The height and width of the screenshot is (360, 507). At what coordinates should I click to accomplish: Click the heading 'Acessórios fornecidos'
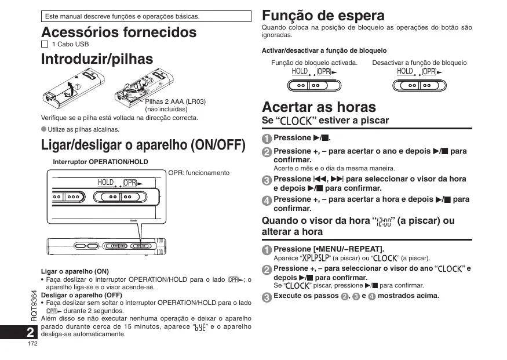(119, 32)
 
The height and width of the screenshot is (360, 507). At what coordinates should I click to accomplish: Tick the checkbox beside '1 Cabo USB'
(45, 44)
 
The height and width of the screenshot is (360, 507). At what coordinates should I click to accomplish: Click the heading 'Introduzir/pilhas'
(97, 59)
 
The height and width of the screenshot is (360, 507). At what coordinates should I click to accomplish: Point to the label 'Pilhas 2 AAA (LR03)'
(176, 101)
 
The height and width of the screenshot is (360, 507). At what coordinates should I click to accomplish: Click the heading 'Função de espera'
(323, 15)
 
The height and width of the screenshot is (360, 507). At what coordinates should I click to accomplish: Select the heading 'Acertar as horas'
(319, 107)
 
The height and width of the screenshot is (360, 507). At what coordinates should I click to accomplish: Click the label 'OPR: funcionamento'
(199, 173)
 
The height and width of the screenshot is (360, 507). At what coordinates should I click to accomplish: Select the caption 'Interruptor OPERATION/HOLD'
(100, 162)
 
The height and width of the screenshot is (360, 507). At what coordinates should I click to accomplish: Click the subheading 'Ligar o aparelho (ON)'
(75, 271)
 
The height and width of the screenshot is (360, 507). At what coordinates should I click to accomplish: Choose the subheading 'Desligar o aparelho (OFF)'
(81, 294)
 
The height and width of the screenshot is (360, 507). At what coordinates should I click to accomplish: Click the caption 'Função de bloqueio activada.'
(315, 62)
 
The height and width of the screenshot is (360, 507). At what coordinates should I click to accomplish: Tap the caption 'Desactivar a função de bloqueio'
(420, 62)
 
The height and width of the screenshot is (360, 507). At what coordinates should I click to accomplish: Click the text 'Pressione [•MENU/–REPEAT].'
(329, 249)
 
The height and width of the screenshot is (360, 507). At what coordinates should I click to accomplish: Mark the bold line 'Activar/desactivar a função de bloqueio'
(324, 50)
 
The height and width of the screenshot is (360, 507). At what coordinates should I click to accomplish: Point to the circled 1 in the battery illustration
(78, 87)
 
